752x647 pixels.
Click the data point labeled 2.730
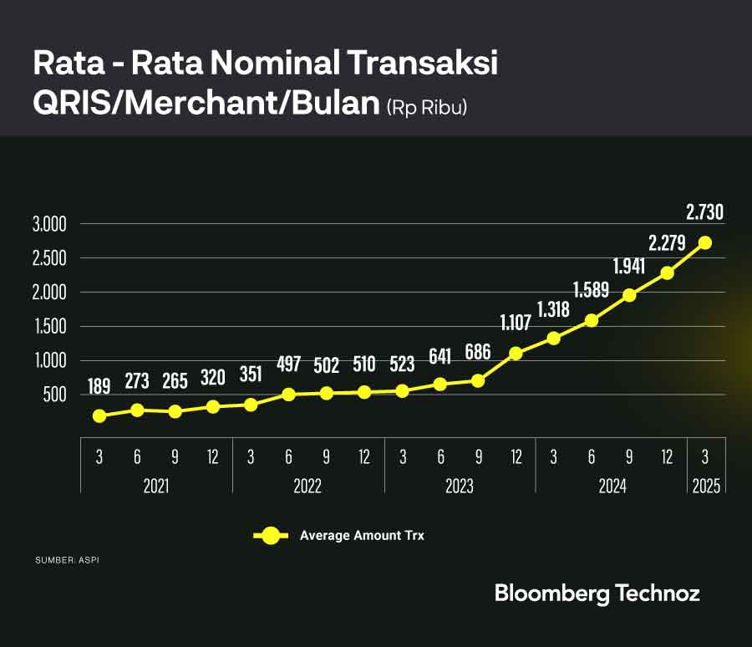705,242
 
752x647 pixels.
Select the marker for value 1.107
516,354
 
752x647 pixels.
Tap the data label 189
99,387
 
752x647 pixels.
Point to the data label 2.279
667,243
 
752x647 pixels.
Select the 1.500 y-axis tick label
49,326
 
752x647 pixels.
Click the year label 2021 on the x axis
155,486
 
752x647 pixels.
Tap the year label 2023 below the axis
459,486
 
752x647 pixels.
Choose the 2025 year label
705,486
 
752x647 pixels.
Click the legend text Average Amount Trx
362,536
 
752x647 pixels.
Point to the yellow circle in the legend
271,536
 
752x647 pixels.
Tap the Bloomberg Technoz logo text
597,594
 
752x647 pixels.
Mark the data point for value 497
288,395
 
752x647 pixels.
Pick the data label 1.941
629,267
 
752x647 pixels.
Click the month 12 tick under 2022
364,456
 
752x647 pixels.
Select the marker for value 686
478,381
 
